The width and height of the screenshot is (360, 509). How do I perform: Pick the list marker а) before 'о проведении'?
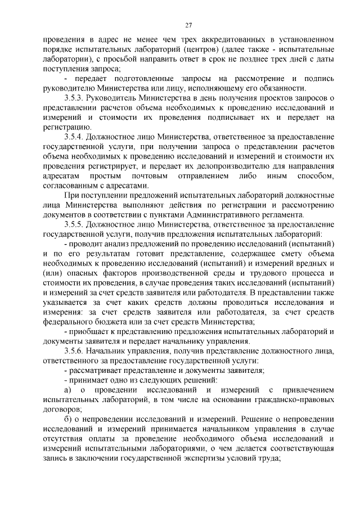(x=67, y=390)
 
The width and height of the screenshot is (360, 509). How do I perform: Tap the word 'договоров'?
(x=62, y=409)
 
